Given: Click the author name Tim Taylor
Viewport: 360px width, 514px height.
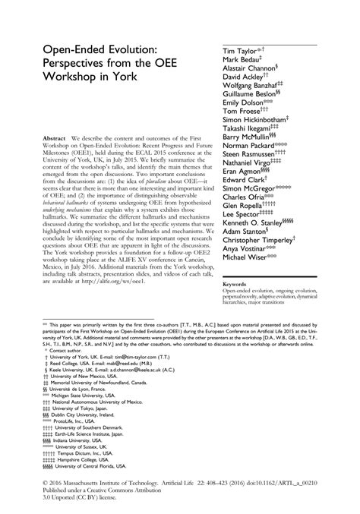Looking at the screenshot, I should click(x=241, y=51).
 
